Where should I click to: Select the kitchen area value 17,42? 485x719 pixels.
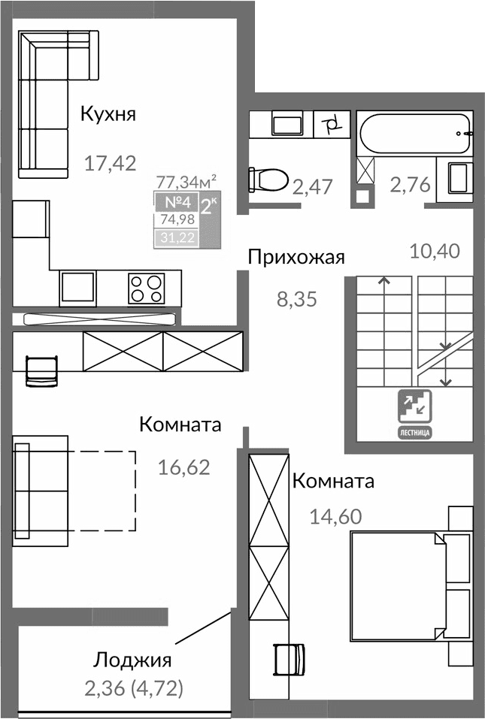click(110, 163)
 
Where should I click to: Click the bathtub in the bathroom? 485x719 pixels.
click(415, 134)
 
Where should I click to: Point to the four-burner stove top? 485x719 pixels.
click(146, 287)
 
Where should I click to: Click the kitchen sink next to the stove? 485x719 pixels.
click(78, 287)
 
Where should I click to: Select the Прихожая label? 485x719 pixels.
click(296, 258)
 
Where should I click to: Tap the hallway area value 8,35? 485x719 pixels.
click(298, 300)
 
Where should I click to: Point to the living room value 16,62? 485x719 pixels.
click(183, 467)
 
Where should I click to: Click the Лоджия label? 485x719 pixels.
click(132, 660)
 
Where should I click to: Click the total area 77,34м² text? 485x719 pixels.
click(186, 181)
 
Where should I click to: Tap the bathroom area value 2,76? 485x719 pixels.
click(409, 185)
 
